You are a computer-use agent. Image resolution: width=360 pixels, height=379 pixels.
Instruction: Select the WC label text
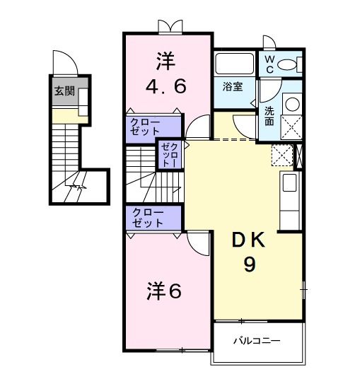click(x=269, y=64)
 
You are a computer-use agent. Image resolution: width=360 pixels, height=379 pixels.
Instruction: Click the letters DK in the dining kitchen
click(x=250, y=240)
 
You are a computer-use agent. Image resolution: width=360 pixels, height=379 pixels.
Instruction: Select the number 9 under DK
click(x=250, y=264)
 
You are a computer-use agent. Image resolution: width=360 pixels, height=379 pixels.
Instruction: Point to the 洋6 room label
click(x=165, y=291)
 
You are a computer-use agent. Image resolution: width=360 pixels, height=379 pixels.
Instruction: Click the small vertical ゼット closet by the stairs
click(x=170, y=154)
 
